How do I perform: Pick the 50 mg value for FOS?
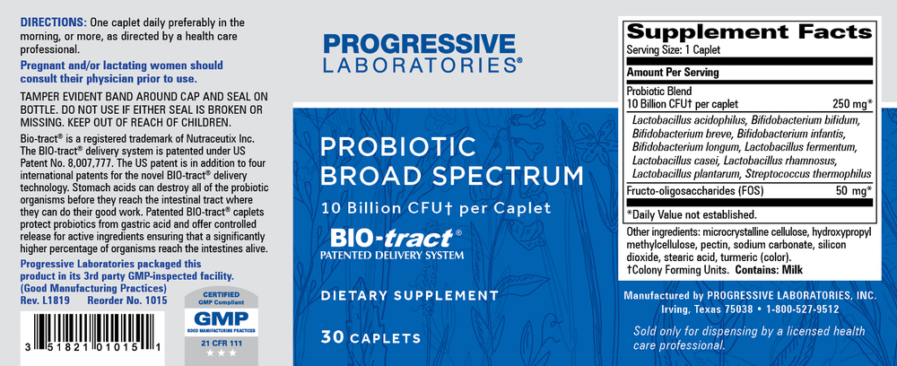850,192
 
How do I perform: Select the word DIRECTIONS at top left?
53,21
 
